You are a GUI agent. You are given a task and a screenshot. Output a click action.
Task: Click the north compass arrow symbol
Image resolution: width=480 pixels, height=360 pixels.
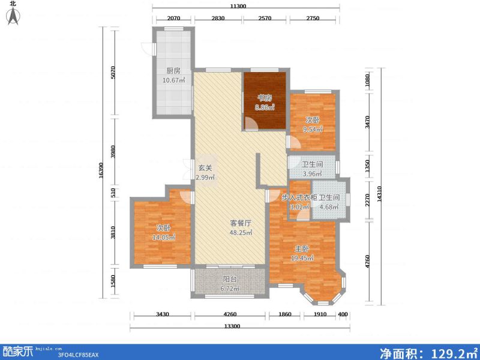12,16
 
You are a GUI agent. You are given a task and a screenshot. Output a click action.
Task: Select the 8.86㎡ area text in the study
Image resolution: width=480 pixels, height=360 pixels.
265,108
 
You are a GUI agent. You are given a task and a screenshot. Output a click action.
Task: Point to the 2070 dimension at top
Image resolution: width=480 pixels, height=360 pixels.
173,19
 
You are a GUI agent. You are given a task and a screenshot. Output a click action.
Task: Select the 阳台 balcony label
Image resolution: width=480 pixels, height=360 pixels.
229,279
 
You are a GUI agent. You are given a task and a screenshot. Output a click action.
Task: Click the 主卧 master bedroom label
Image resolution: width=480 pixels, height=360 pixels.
302,248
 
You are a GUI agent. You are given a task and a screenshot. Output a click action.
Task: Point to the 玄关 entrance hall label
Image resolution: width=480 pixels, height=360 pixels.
205,169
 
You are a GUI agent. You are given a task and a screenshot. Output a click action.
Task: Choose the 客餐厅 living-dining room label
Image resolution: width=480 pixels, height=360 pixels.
241,223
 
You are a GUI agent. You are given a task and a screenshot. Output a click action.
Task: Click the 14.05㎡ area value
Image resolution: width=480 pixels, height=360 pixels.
164,238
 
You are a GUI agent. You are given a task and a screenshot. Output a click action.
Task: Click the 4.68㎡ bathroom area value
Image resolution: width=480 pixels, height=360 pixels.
329,208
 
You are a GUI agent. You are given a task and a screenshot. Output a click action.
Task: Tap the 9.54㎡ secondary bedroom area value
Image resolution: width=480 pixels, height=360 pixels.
313,129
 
